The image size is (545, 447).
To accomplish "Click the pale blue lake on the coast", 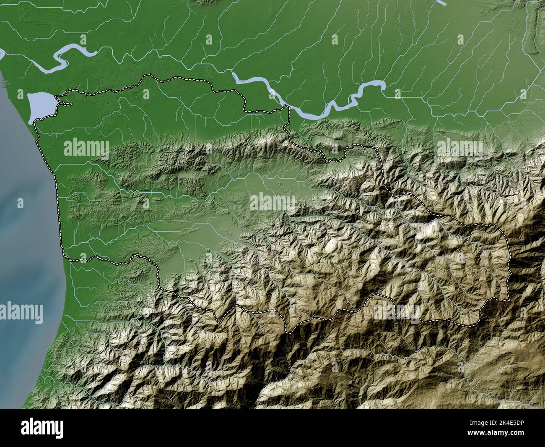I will tap(40, 107).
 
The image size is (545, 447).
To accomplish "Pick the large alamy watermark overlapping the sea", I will tap(22, 312).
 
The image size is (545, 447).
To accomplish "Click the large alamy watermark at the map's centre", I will tap(272, 202).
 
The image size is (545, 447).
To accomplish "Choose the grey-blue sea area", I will tap(25, 252).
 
